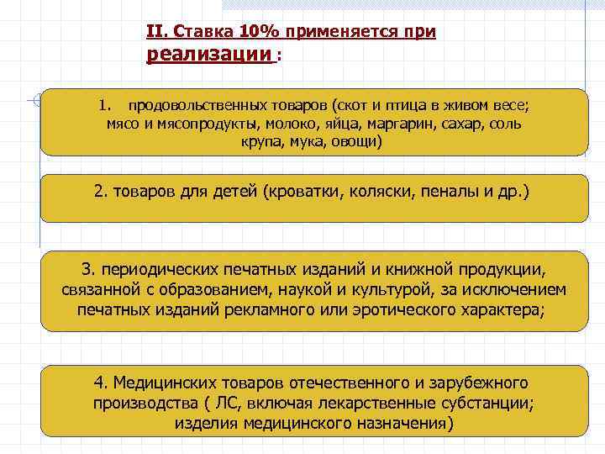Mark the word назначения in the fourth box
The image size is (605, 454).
[x=396, y=422]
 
